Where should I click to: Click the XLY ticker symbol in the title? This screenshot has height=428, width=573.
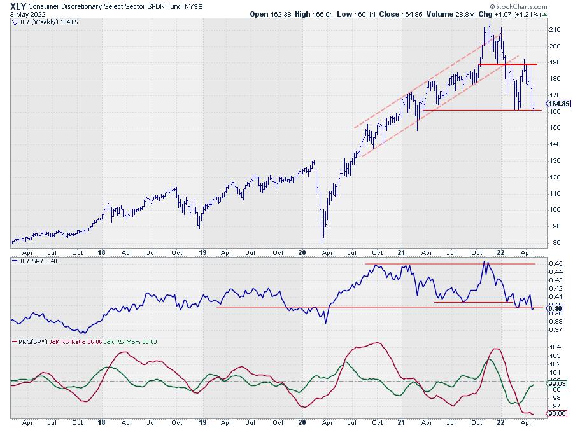point(18,4)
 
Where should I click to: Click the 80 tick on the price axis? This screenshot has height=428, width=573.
point(555,243)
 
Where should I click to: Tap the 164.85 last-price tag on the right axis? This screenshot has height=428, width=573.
point(559,104)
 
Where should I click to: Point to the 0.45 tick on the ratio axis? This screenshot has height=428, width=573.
point(556,263)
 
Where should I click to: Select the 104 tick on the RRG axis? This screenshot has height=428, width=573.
point(556,348)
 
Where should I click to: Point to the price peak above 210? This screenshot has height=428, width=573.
point(489,24)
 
